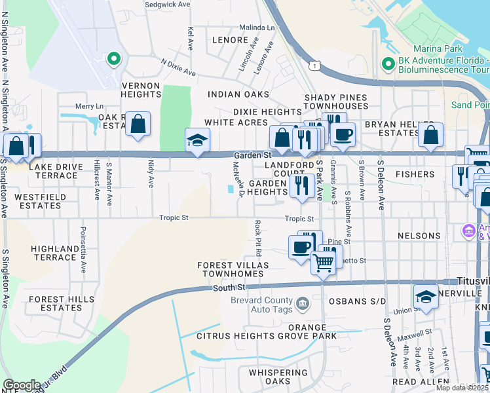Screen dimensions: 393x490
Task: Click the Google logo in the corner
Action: pyautogui.click(x=22, y=385)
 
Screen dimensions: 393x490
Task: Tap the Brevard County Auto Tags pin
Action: pyautogui.click(x=303, y=302)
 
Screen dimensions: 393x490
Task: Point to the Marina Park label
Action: pyautogui.click(x=438, y=49)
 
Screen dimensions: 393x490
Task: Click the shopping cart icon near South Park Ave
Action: pyautogui.click(x=323, y=262)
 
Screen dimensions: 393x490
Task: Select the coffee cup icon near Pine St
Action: pyautogui.click(x=301, y=247)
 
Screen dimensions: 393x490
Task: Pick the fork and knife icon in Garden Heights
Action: pyautogui.click(x=301, y=185)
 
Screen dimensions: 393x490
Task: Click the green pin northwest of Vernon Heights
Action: pyautogui.click(x=114, y=60)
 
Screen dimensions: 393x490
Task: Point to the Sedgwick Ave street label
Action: pyautogui.click(x=167, y=4)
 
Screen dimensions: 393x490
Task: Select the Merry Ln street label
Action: pyautogui.click(x=90, y=106)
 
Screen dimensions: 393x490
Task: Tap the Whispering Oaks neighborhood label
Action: pyautogui.click(x=278, y=377)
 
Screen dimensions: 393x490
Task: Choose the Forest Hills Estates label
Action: pyautogui.click(x=55, y=303)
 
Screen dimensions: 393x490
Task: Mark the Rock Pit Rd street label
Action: pyautogui.click(x=258, y=238)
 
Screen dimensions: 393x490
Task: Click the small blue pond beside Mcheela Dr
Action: pyautogui.click(x=229, y=189)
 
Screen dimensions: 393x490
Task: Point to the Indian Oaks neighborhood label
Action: pyautogui.click(x=238, y=94)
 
